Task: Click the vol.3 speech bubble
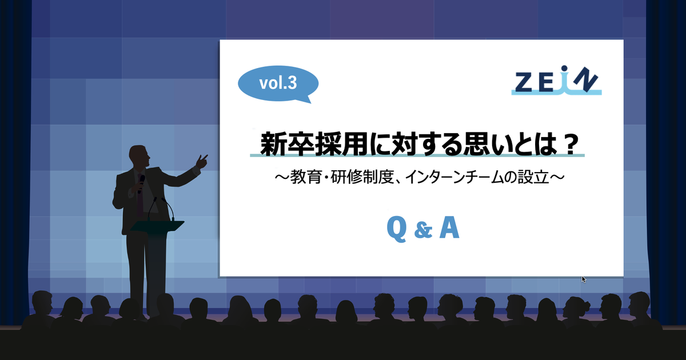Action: (x=278, y=83)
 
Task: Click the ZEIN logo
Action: (x=556, y=81)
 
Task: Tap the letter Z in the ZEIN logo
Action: (x=524, y=82)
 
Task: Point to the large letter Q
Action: (x=397, y=229)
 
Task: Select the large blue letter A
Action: (x=449, y=227)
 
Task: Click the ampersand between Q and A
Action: (x=423, y=230)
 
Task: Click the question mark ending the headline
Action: (x=571, y=144)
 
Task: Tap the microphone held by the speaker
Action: (x=141, y=183)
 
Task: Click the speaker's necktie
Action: (x=140, y=196)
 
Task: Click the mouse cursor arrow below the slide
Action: (x=584, y=279)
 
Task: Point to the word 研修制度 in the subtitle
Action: (x=362, y=178)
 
